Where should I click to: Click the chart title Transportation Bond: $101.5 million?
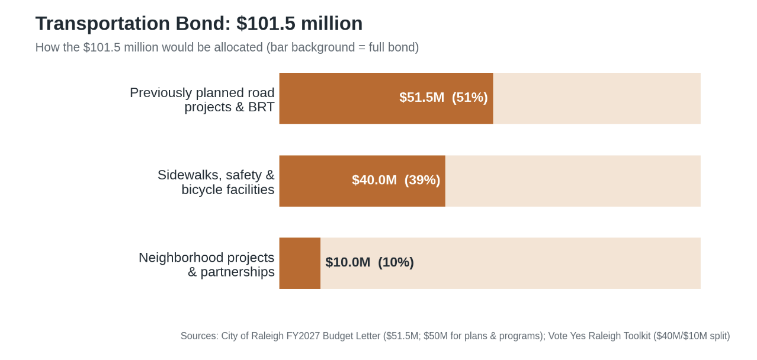pyautogui.click(x=199, y=24)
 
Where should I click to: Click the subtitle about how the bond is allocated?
pyautogui.click(x=227, y=47)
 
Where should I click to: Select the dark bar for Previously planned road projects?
pyautogui.click(x=386, y=98)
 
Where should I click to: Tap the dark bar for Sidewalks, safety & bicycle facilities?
pyautogui.click(x=362, y=181)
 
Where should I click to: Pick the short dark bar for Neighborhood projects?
pyautogui.click(x=300, y=263)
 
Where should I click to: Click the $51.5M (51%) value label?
pyautogui.click(x=444, y=97)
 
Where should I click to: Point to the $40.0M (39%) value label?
pyautogui.click(x=396, y=180)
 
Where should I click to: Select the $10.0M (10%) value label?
pyautogui.click(x=370, y=262)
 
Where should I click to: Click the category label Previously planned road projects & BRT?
pyautogui.click(x=202, y=99)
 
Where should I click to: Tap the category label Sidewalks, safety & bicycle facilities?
pyautogui.click(x=216, y=182)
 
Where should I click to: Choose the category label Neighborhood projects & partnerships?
pyautogui.click(x=207, y=265)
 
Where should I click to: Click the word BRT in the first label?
pyautogui.click(x=261, y=107)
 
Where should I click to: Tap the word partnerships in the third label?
pyautogui.click(x=238, y=272)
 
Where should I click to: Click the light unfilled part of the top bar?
pyautogui.click(x=597, y=98)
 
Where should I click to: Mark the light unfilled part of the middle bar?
pyautogui.click(x=573, y=181)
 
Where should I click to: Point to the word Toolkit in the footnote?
pyautogui.click(x=634, y=336)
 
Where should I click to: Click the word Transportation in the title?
pyautogui.click(x=102, y=24)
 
